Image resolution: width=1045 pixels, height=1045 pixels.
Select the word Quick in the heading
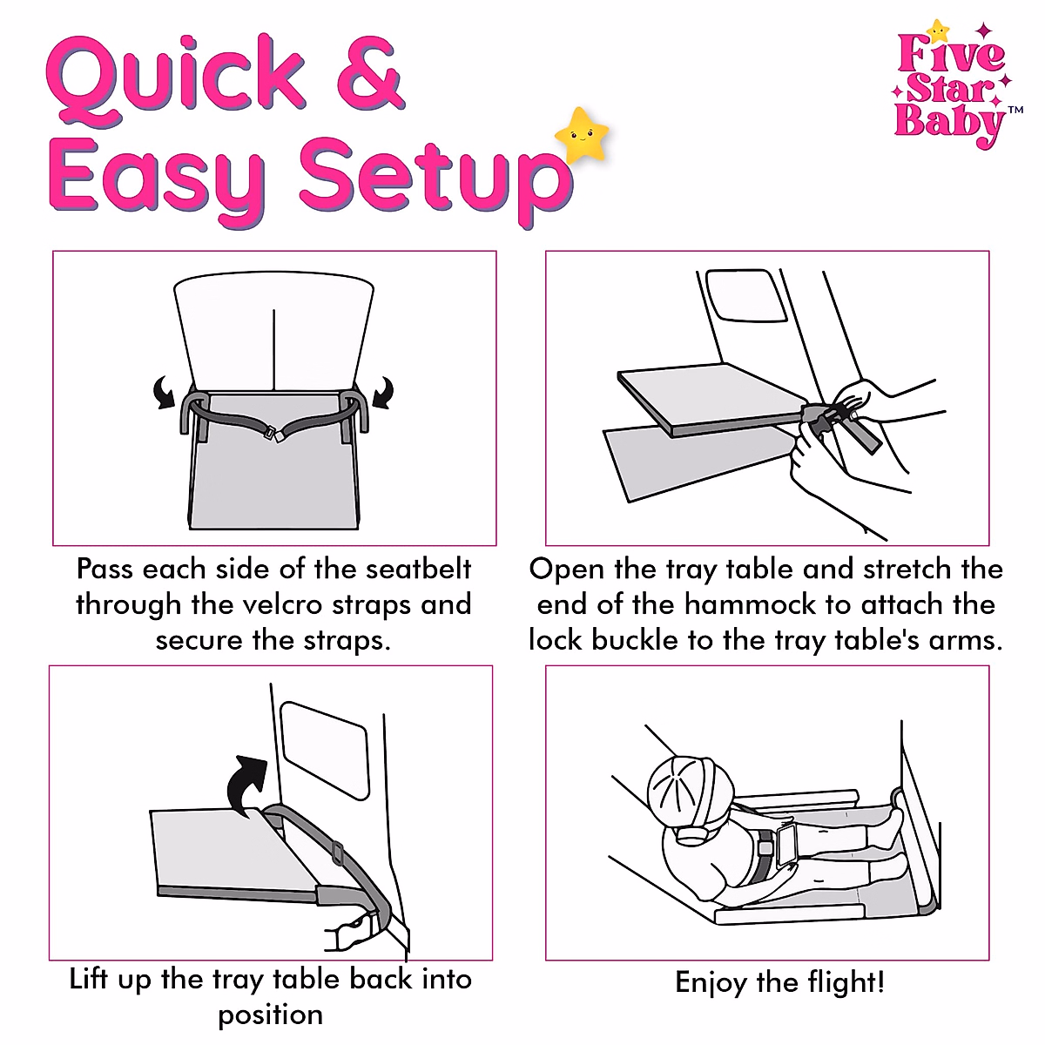point(174,78)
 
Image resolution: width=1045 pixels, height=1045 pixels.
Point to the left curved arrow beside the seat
point(163,394)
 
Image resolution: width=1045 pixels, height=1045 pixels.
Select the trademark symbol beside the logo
point(1015,111)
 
